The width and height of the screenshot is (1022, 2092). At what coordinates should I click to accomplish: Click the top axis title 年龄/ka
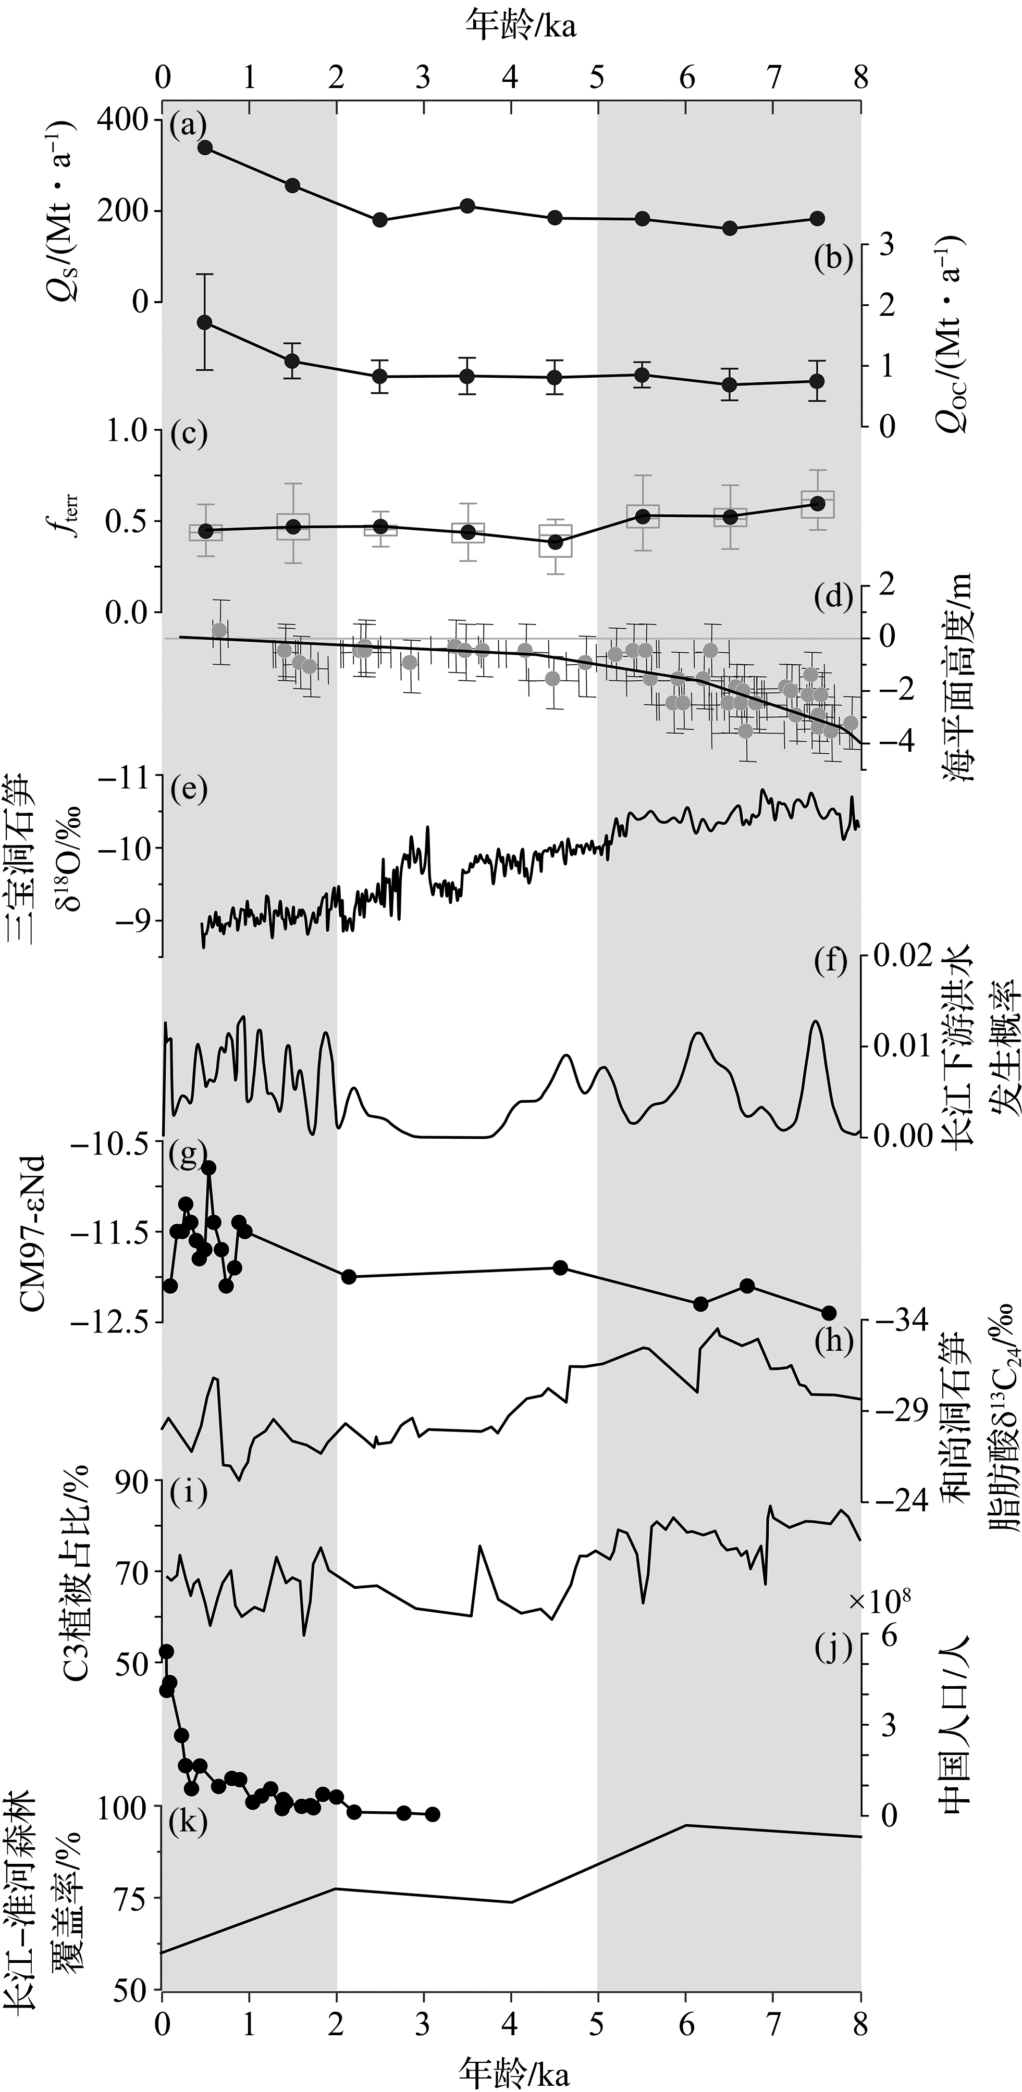[x=520, y=25]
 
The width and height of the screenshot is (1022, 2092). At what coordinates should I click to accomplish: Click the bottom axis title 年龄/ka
[x=513, y=2069]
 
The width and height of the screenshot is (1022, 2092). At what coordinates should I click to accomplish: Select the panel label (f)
[x=833, y=962]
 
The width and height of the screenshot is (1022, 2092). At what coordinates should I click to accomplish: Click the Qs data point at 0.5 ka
[x=205, y=147]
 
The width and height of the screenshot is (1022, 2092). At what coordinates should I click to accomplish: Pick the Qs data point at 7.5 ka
[x=817, y=218]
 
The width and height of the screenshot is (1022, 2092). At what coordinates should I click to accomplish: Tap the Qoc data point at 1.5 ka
[x=292, y=360]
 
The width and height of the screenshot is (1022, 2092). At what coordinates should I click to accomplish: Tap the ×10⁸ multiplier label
[x=879, y=1578]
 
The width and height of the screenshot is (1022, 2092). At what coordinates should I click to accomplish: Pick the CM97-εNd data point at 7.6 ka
[x=829, y=1313]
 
